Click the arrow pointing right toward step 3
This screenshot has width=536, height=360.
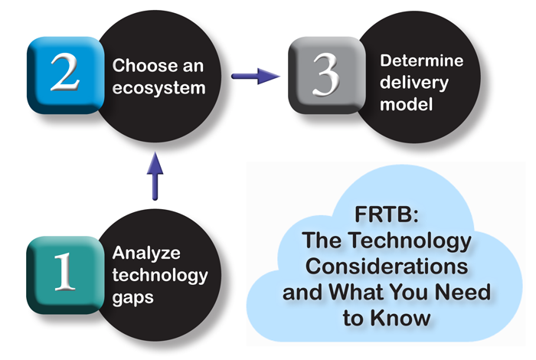pyautogui.click(x=256, y=75)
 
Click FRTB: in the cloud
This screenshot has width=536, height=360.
pyautogui.click(x=387, y=216)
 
